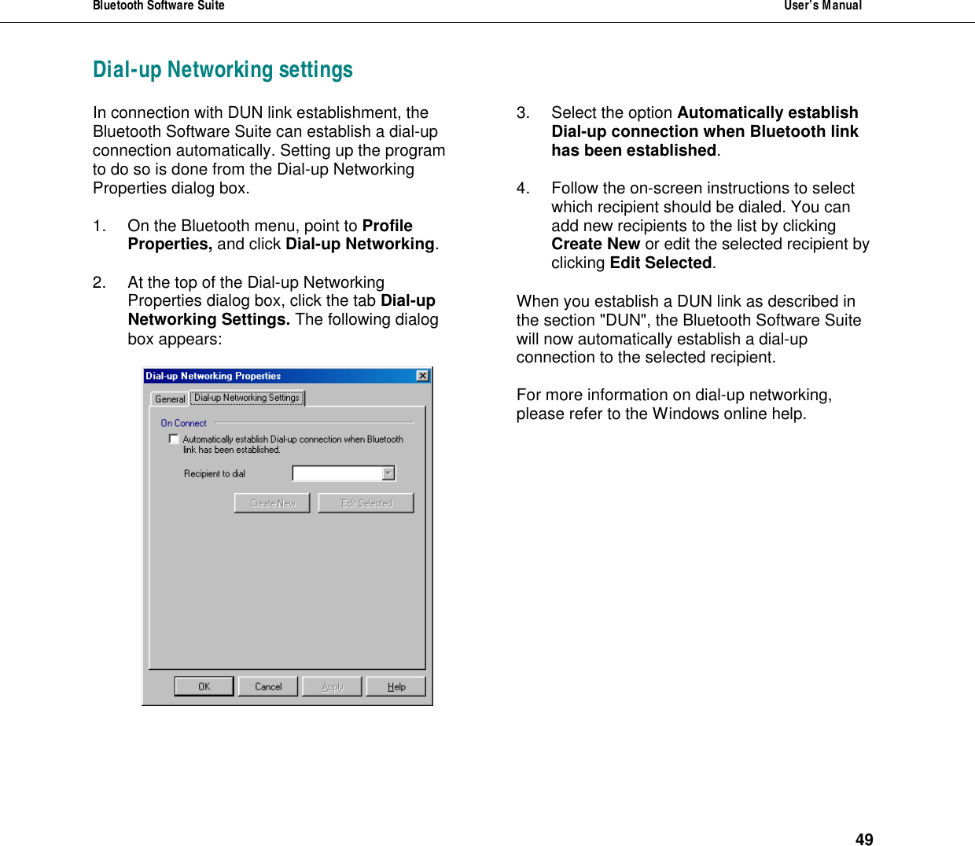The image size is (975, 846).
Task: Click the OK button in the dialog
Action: [204, 686]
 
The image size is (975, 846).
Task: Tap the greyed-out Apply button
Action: [332, 686]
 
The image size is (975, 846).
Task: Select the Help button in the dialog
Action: [396, 686]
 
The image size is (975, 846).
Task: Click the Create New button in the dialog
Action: [272, 503]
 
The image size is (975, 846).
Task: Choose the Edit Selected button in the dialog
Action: [366, 503]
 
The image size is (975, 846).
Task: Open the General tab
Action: [170, 399]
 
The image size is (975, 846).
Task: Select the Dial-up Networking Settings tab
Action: [247, 398]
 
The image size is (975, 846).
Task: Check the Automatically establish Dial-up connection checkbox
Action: [174, 439]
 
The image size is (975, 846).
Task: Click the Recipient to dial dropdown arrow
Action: [388, 473]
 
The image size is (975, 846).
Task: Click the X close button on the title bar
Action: [423, 376]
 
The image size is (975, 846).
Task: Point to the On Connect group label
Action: [183, 423]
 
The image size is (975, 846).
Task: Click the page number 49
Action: [864, 839]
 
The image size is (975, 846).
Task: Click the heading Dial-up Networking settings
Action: [223, 70]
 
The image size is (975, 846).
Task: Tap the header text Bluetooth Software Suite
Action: [159, 6]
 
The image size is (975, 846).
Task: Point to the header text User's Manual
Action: [822, 6]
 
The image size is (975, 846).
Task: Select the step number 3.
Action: [523, 112]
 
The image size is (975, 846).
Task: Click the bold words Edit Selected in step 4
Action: [660, 263]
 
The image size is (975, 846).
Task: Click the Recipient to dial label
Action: [215, 473]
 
